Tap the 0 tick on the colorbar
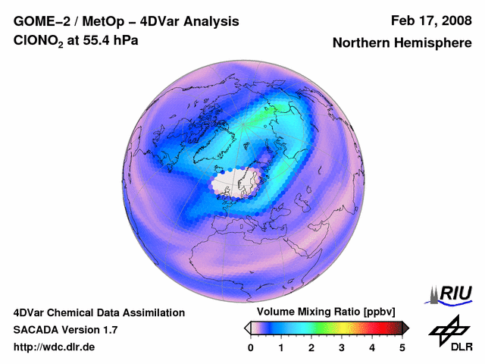[x=251, y=347]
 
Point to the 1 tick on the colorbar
[x=281, y=347]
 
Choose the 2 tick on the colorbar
[x=311, y=347]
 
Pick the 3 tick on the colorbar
[x=342, y=347]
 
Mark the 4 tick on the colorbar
[x=372, y=347]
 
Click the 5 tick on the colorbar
[x=402, y=347]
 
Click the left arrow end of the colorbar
[x=247, y=328]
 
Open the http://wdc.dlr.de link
[x=55, y=347]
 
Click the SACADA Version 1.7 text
[x=65, y=330]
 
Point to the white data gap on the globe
[x=236, y=183]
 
